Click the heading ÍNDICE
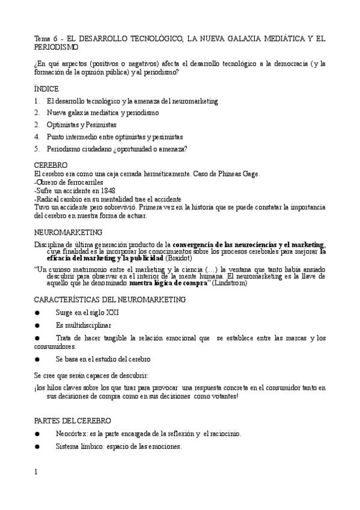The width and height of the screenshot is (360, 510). pos(46,88)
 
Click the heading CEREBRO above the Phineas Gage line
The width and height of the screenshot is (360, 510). pos(50,165)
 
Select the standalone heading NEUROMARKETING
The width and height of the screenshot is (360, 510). pos(68,232)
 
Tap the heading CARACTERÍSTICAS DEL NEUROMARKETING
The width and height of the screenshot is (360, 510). pos(110,299)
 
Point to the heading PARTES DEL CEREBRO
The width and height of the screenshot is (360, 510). pos(72,420)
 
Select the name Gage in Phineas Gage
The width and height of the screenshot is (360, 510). pos(250,174)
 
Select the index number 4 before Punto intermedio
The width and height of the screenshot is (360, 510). pos(37,137)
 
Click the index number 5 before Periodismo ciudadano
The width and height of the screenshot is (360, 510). pos(37,149)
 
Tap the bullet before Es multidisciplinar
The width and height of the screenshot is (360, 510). pos(37,325)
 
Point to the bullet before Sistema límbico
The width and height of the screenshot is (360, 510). pos(37,447)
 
